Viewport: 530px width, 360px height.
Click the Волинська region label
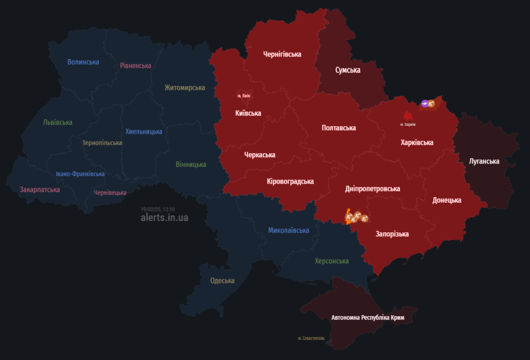tap(83, 62)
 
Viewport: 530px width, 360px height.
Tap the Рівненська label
tap(135, 66)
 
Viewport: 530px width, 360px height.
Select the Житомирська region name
tap(185, 87)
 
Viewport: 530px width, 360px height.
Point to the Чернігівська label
tap(282, 54)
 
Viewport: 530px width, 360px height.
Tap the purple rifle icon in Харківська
tap(424, 104)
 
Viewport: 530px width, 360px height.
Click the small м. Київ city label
tap(244, 96)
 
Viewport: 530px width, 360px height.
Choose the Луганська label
tap(484, 161)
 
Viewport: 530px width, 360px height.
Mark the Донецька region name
tap(447, 200)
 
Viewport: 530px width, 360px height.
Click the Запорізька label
tap(392, 234)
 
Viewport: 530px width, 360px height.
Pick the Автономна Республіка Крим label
tap(367, 318)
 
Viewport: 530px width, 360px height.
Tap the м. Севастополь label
tap(311, 338)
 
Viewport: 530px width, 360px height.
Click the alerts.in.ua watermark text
tap(164, 218)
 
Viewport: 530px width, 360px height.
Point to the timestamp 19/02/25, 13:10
tap(157, 209)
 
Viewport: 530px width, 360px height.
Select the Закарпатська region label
tap(40, 190)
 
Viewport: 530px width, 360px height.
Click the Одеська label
tap(222, 281)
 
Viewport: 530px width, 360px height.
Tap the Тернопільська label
tap(102, 143)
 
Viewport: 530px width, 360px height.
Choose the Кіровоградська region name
tap(290, 182)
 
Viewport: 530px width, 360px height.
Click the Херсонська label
tap(331, 261)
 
